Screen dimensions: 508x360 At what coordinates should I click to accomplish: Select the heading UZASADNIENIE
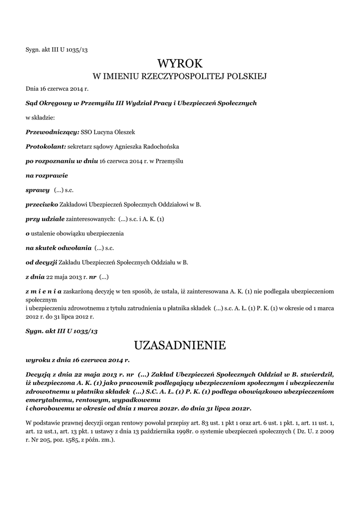click(180, 344)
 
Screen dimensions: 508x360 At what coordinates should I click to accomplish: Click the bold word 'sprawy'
click(37, 190)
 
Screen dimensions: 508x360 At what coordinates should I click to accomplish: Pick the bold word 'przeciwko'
click(42, 204)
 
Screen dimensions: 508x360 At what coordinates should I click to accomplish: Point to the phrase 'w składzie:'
click(40, 118)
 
